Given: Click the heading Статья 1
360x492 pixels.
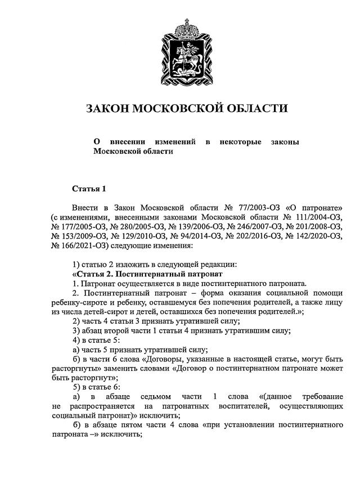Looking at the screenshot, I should [x=89, y=188].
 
